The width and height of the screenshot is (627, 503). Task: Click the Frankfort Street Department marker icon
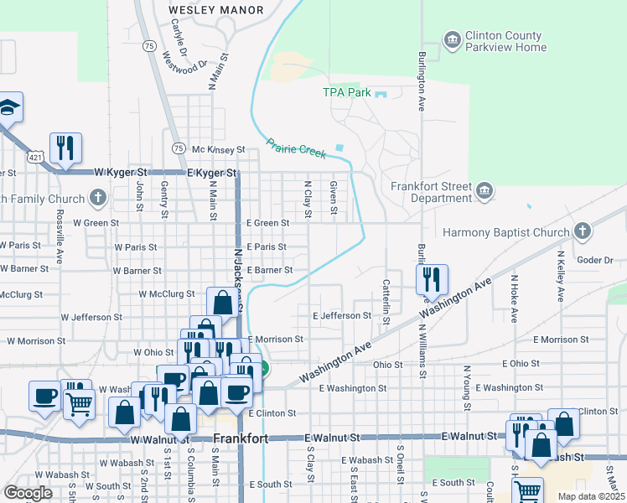484,193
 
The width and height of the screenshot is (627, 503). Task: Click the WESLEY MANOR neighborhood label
215,10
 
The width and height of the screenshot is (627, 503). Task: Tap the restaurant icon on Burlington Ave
432,280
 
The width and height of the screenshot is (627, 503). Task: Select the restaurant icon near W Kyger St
65,148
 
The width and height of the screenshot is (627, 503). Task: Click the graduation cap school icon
8,107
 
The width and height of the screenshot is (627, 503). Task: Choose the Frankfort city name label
240,439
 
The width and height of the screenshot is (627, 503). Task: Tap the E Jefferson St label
341,316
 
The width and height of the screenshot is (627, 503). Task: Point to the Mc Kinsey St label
218,150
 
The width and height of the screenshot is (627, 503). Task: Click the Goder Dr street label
596,260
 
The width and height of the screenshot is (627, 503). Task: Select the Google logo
28,493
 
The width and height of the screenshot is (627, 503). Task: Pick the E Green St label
267,223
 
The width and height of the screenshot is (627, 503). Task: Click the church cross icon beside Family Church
98,199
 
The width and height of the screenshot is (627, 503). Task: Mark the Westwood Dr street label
184,63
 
